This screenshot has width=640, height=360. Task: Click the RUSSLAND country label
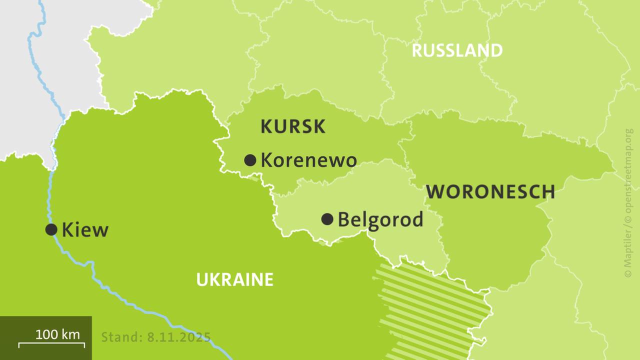457,50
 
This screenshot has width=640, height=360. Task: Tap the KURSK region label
293,127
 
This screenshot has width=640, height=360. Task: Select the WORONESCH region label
490,191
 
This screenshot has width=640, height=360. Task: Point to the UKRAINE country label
234,279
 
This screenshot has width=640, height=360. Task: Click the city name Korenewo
308,160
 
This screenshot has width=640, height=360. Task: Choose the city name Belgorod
380,219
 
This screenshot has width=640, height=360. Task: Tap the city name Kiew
84,230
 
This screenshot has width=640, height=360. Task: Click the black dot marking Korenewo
250,160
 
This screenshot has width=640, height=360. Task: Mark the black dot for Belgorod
327,219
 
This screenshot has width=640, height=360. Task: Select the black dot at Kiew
51,229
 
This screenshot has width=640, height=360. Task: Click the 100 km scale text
57,334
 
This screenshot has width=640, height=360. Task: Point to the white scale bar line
51,344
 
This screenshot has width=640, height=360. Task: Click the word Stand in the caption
120,336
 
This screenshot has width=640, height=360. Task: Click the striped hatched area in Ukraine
430,305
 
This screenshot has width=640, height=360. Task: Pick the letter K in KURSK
265,127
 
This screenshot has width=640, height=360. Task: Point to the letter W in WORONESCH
435,191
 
